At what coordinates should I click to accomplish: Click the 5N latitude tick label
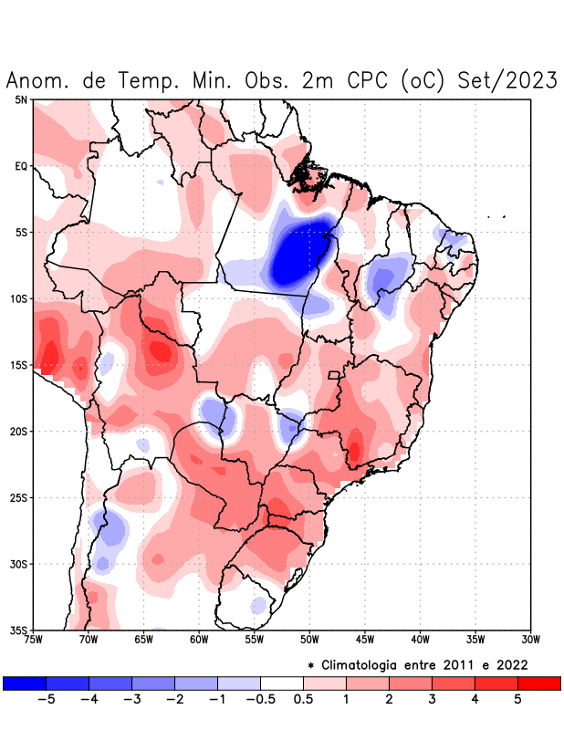pyautogui.click(x=20, y=99)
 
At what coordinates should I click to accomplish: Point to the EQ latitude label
pyautogui.click(x=20, y=166)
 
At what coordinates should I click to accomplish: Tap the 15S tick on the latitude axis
pyautogui.click(x=17, y=365)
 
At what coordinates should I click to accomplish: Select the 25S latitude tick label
pyautogui.click(x=17, y=497)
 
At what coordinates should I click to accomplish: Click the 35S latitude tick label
pyautogui.click(x=17, y=630)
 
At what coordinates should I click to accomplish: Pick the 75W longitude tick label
pyautogui.click(x=34, y=640)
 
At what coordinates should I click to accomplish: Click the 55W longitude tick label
pyautogui.click(x=255, y=640)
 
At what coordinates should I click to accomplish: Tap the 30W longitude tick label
pyautogui.click(x=531, y=640)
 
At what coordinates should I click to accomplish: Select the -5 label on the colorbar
pyautogui.click(x=47, y=699)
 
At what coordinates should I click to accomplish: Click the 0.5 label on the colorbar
pyautogui.click(x=303, y=699)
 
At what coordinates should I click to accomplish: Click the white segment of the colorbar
pyautogui.click(x=282, y=683)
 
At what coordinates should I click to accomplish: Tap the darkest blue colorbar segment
pyautogui.click(x=25, y=683)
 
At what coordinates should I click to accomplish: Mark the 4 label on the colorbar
pyautogui.click(x=475, y=699)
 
